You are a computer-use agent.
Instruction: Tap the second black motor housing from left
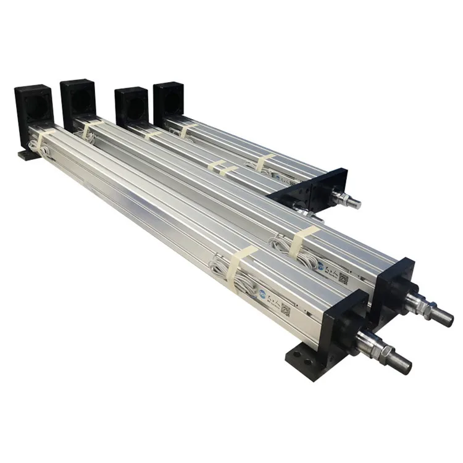[x=78, y=99]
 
